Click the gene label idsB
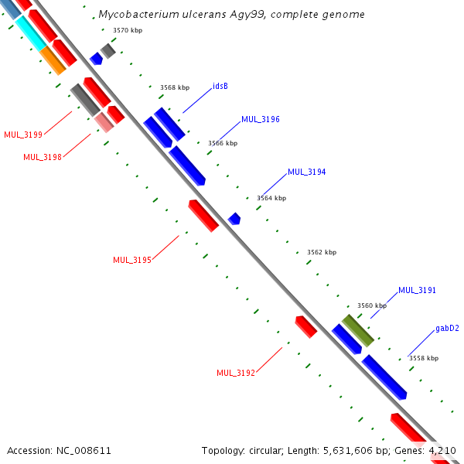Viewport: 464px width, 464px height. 220,86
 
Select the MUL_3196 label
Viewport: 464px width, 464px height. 260,120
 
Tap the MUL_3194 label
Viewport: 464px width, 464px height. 306,172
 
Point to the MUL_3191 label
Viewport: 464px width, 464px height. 417,291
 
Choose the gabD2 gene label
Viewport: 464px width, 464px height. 447,329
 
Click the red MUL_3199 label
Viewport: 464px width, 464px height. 23,135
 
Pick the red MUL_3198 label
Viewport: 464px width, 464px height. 42,157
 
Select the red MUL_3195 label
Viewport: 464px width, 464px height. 131,260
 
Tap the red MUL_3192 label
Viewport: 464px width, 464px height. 235,373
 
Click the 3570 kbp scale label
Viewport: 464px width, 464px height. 127,30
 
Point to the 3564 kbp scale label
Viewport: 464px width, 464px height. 271,198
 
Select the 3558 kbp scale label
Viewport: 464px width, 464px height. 423,358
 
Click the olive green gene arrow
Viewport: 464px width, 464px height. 358,330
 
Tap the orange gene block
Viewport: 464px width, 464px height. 53,60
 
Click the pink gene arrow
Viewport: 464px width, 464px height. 104,122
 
